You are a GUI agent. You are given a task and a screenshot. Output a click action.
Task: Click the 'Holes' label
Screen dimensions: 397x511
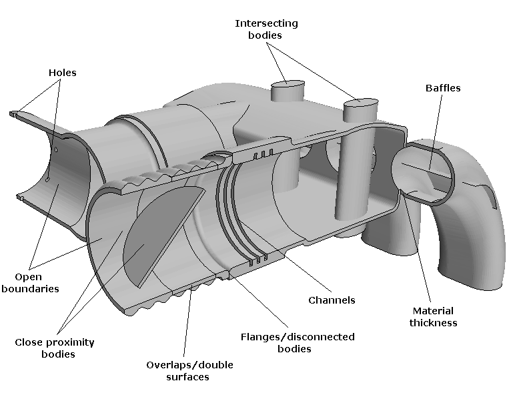(62, 73)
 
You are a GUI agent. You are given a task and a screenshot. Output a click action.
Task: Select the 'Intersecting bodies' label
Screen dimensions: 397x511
(266, 29)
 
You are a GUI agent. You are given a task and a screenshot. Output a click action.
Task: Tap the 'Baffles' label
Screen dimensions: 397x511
(443, 87)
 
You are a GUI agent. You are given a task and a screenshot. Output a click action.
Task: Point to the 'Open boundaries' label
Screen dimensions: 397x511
(37, 282)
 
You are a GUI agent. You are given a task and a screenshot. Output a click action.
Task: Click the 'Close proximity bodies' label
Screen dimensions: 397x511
(55, 348)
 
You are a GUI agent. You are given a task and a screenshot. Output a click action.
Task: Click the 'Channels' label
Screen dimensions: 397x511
(332, 300)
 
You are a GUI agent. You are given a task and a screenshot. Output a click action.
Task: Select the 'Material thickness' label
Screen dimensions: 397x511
(434, 317)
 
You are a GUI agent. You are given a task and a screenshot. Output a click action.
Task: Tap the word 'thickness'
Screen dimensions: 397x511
(434, 323)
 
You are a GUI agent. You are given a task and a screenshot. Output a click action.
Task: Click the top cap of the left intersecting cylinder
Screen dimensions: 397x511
(288, 85)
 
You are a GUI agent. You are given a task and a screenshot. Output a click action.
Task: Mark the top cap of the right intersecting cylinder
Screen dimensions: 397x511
(360, 102)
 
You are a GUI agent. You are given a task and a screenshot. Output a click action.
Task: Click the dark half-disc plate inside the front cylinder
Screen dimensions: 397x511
(163, 233)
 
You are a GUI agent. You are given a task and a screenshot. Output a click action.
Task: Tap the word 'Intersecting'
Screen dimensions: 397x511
(266, 23)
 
